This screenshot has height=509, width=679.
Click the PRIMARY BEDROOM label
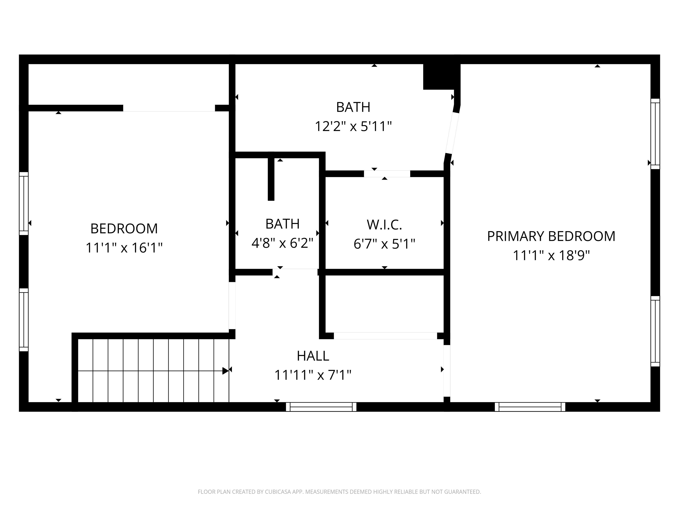click(x=551, y=236)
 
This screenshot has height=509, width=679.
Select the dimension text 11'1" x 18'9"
click(x=551, y=255)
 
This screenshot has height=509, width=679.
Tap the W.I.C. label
click(x=384, y=225)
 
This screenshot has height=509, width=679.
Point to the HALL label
click(x=313, y=356)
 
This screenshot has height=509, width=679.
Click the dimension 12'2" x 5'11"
click(x=353, y=126)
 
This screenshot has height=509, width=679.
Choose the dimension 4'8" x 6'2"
click(x=282, y=243)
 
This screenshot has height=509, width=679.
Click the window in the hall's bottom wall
click(x=321, y=407)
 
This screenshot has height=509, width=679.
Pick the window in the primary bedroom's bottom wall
click(x=530, y=407)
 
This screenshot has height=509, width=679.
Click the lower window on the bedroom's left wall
click(x=24, y=319)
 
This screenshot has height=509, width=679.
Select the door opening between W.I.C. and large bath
click(x=387, y=174)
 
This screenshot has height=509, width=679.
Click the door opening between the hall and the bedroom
click(x=232, y=305)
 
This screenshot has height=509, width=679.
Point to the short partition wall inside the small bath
click(x=271, y=178)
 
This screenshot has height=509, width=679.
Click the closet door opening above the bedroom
click(x=169, y=108)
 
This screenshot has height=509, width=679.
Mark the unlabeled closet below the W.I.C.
click(x=384, y=304)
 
